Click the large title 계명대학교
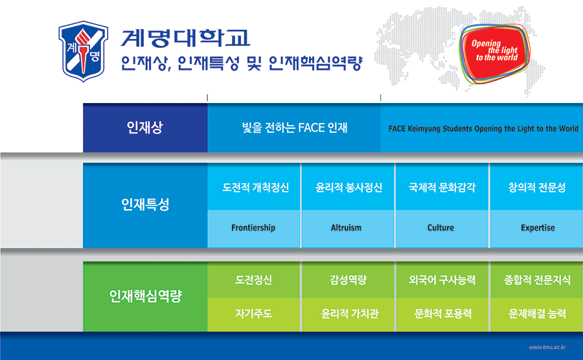pyautogui.click(x=185, y=39)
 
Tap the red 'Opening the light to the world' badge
pyautogui.click(x=496, y=51)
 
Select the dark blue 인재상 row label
pyautogui.click(x=144, y=128)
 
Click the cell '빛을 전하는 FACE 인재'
pyautogui.click(x=294, y=128)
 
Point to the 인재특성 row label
pyautogui.click(x=144, y=205)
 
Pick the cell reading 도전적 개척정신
pyautogui.click(x=254, y=188)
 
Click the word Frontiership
pyautogui.click(x=253, y=228)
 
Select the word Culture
pyautogui.click(x=440, y=228)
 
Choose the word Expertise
pyautogui.click(x=538, y=228)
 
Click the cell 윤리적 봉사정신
pyautogui.click(x=348, y=188)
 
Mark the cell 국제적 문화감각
pyautogui.click(x=442, y=188)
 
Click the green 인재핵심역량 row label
pyautogui.click(x=144, y=297)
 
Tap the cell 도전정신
pyautogui.click(x=253, y=280)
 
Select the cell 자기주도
pyautogui.click(x=253, y=314)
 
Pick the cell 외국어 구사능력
pyautogui.click(x=442, y=280)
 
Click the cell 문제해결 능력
pyautogui.click(x=538, y=314)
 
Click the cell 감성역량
pyautogui.click(x=348, y=280)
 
